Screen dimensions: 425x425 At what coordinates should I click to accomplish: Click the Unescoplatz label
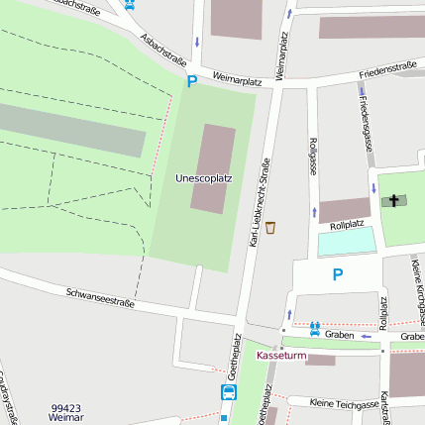pyautogui.click(x=203, y=178)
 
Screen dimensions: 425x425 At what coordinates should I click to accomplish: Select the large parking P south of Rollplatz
pyautogui.click(x=338, y=274)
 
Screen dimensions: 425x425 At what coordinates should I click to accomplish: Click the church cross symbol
pyautogui.click(x=393, y=201)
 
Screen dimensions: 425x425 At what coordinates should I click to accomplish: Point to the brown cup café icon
pyautogui.click(x=270, y=227)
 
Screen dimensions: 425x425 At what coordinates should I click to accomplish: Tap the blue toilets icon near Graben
pyautogui.click(x=314, y=328)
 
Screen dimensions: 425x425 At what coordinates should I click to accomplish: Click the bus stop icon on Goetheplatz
pyautogui.click(x=229, y=392)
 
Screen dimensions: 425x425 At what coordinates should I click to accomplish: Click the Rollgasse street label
pyautogui.click(x=313, y=155)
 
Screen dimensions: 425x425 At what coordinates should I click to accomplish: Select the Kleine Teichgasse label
pyautogui.click(x=344, y=404)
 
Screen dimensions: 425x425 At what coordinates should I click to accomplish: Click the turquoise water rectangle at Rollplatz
pyautogui.click(x=347, y=241)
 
